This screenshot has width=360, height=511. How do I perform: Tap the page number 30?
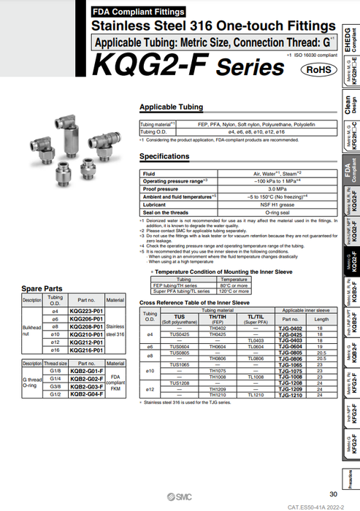click(x=334, y=494)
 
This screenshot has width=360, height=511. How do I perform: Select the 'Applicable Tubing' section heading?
click(x=171, y=107)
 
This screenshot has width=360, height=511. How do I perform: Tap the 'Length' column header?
click(x=322, y=318)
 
